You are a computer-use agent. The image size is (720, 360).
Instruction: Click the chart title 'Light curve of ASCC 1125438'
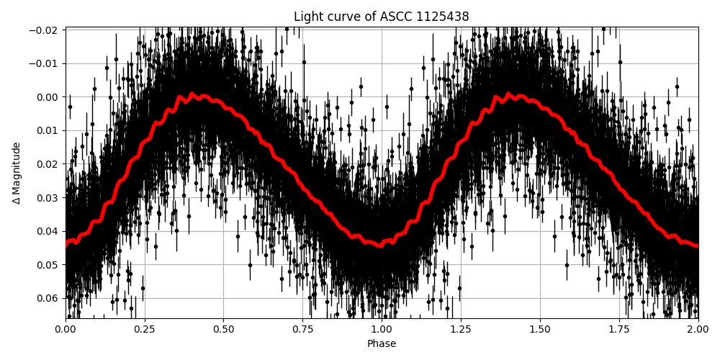(382, 17)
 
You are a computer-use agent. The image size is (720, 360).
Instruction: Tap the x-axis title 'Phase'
(382, 344)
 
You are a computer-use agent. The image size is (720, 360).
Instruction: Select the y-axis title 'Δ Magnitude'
(17, 173)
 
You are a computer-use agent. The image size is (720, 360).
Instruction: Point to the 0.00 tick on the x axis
(66, 330)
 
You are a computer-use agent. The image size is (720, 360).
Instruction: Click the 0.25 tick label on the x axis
(145, 330)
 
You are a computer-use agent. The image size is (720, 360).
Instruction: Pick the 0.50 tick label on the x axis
(224, 330)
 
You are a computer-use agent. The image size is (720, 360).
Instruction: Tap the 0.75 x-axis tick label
(302, 330)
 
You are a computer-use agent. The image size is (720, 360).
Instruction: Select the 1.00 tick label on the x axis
(382, 330)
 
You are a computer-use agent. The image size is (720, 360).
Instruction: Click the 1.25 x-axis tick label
(461, 330)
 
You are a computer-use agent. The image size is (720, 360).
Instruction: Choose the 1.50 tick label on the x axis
(540, 330)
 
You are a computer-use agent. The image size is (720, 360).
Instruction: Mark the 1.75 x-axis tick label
(619, 330)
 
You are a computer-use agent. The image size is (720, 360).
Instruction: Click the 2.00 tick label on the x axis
(698, 330)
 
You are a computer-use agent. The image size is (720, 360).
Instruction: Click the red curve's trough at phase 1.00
(382, 245)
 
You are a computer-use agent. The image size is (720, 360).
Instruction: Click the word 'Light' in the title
(307, 17)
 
